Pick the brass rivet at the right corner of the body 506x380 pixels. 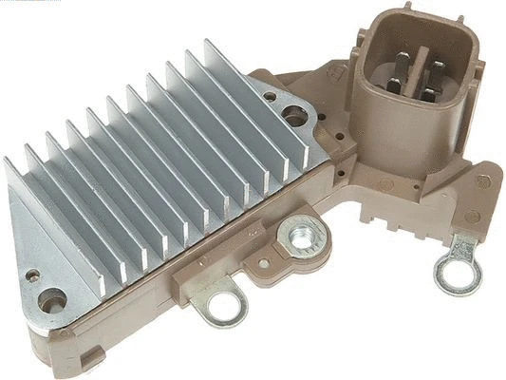483,180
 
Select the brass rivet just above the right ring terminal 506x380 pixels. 473,217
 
